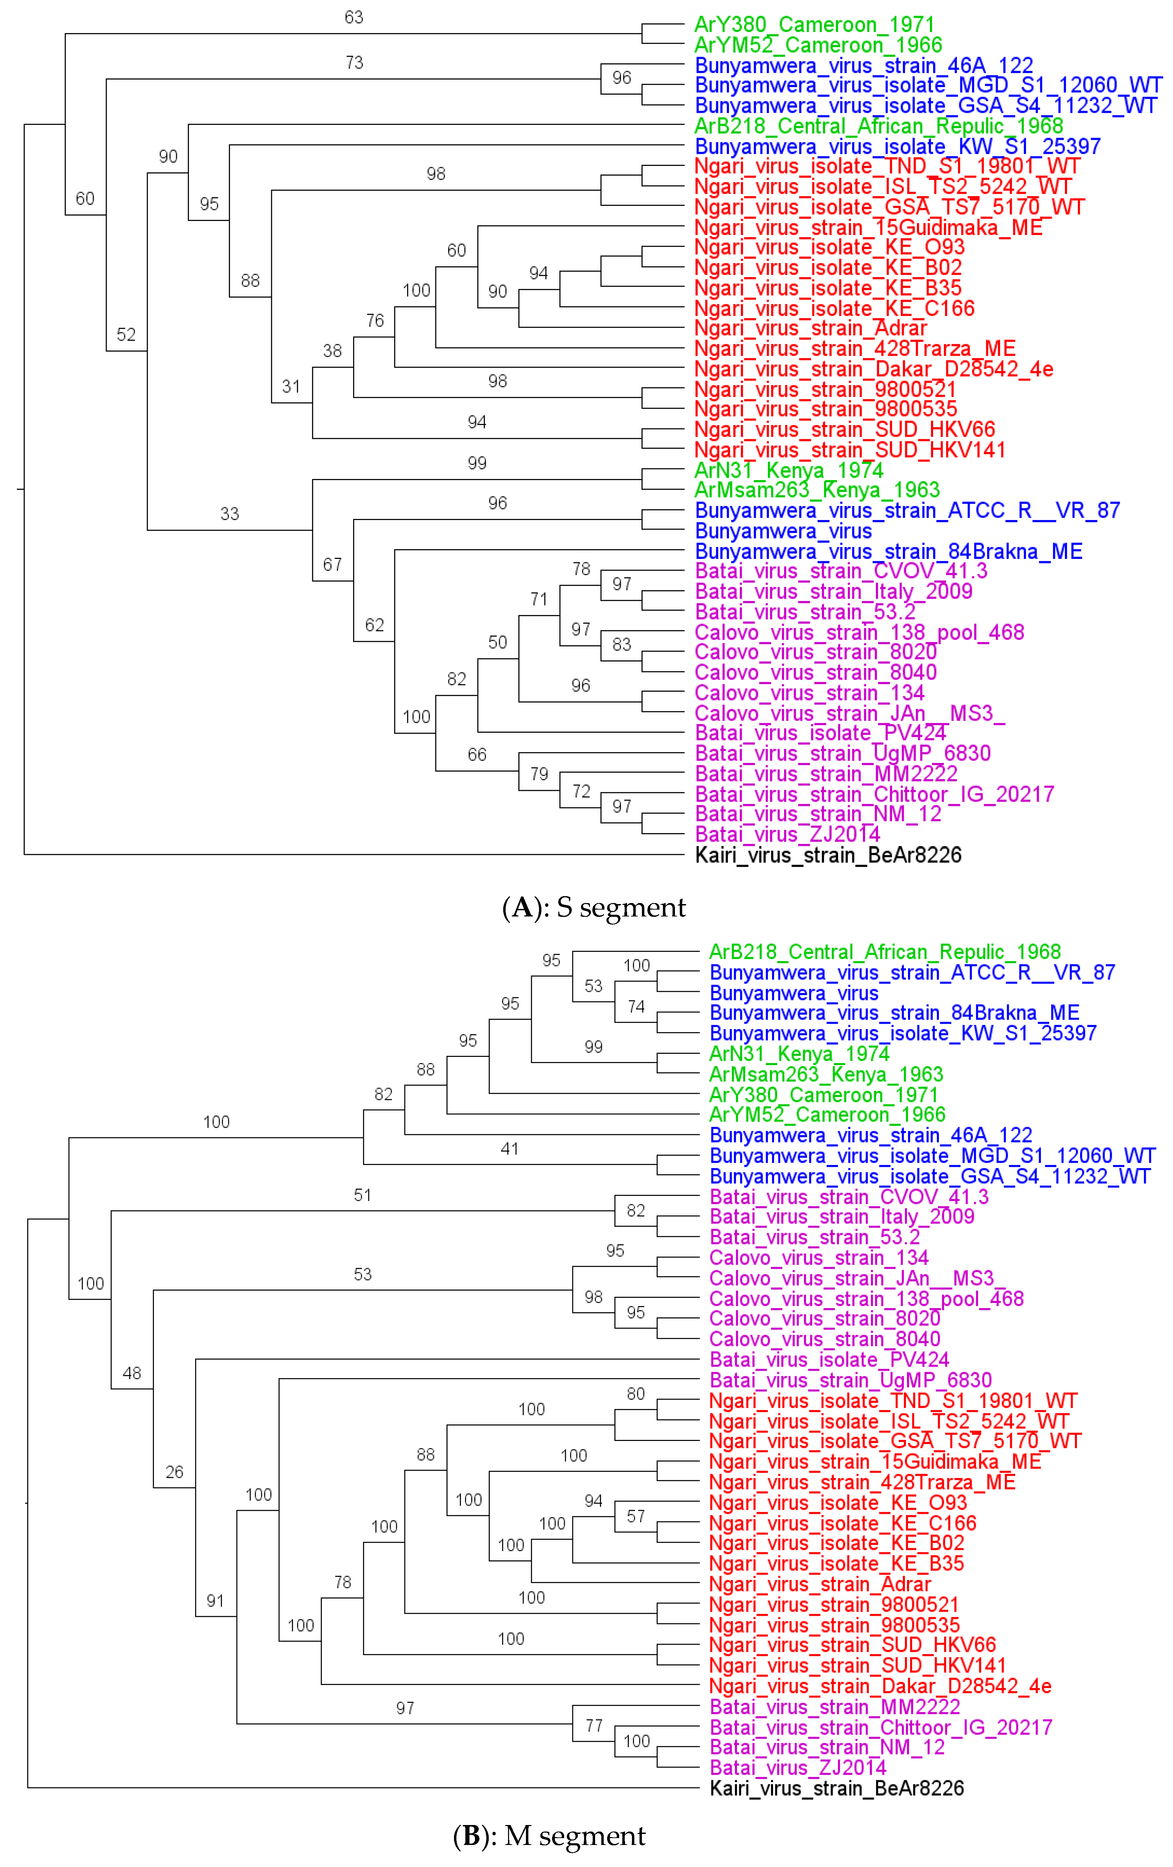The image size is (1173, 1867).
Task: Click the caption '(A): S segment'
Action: [x=594, y=907]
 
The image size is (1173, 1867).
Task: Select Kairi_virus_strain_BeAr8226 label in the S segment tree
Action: [x=828, y=855]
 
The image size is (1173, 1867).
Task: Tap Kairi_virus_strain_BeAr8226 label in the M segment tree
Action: [x=836, y=1788]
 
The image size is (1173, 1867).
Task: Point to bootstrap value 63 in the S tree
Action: [x=353, y=17]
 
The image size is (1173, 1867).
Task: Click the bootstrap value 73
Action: [x=354, y=63]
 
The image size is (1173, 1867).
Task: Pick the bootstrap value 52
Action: [x=126, y=335]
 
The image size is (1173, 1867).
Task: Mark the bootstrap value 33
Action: [x=230, y=514]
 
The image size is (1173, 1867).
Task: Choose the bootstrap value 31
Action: [x=291, y=386]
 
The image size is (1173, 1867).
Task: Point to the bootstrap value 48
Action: [x=132, y=1373]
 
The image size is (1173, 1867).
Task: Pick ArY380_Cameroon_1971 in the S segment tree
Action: [x=814, y=25]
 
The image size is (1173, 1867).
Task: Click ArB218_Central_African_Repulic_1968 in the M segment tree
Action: [x=885, y=952]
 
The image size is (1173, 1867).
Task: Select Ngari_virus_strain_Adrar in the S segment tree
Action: [x=810, y=329]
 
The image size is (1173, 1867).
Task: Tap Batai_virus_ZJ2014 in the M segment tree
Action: [x=798, y=1768]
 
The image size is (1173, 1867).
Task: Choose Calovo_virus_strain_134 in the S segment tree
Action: [x=810, y=693]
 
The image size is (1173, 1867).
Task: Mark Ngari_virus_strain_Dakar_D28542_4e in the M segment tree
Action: [x=880, y=1686]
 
